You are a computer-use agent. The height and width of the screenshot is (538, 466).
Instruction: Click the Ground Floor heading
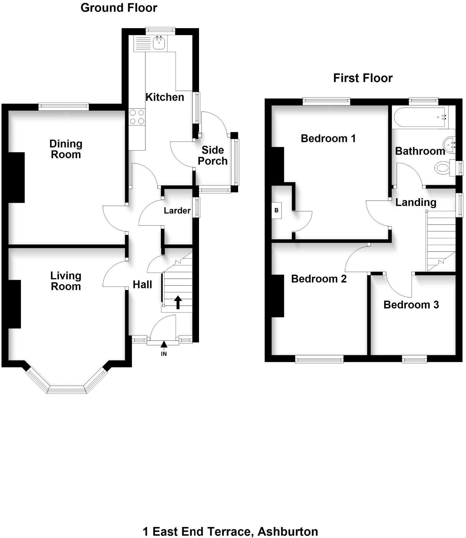119,8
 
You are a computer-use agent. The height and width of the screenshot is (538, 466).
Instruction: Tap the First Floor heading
363,78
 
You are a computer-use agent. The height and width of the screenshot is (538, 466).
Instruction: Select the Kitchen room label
165,97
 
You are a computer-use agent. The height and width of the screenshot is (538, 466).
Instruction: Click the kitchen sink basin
159,43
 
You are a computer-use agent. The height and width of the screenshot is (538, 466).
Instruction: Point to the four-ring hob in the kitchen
137,117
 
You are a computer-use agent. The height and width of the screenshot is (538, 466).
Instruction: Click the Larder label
177,211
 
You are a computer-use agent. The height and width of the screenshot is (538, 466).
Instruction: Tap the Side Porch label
213,156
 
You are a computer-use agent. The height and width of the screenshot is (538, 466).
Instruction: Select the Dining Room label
66,149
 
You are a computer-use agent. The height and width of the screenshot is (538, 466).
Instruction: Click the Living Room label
66,281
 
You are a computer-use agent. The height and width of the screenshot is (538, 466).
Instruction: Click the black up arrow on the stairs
178,302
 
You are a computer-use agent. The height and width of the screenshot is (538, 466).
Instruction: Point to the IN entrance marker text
164,354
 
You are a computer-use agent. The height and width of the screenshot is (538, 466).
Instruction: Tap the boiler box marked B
276,210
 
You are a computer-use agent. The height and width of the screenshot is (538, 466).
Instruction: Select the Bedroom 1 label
328,138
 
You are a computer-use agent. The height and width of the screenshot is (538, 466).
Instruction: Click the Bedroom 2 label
318,279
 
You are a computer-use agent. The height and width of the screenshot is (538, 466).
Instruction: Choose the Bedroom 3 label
411,305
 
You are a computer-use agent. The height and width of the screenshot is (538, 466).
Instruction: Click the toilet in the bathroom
443,168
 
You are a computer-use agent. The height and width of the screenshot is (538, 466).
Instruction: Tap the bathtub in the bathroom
420,117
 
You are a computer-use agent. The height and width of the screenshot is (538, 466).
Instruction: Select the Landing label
416,203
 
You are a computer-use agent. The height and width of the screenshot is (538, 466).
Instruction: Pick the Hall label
142,285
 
